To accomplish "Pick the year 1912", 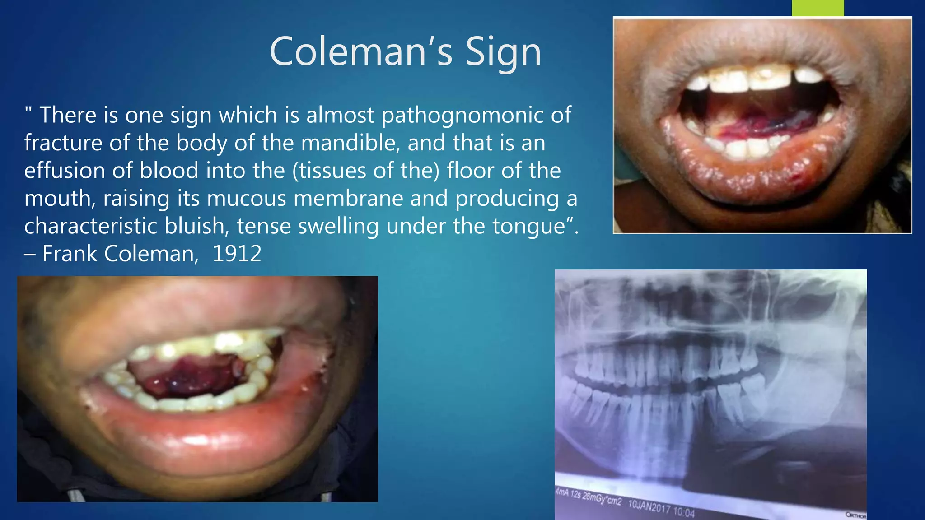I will (x=237, y=254).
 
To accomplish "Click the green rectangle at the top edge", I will (x=818, y=8).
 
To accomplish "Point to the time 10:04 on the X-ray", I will (x=684, y=511).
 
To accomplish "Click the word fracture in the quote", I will (x=63, y=143).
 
